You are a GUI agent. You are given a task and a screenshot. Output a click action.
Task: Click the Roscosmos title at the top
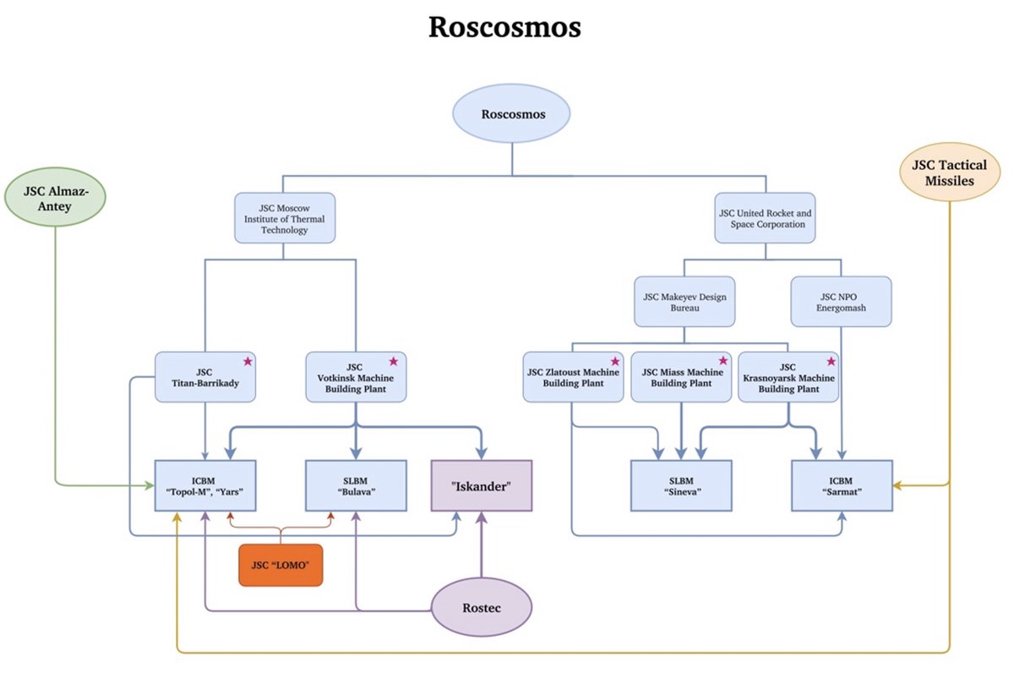pyautogui.click(x=504, y=26)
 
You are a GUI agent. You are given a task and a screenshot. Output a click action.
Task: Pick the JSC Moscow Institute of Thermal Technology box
pyautogui.click(x=285, y=217)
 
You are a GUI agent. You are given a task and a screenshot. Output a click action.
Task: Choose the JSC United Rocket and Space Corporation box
pyautogui.click(x=766, y=218)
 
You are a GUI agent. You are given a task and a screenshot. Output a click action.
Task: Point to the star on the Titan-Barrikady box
pyautogui.click(x=248, y=362)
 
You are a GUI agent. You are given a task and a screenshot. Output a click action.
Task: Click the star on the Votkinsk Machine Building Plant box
pyautogui.click(x=393, y=362)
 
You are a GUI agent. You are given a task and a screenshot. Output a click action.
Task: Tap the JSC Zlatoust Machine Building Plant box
pyautogui.click(x=573, y=377)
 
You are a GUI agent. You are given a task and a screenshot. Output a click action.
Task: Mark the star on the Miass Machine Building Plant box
pyautogui.click(x=722, y=362)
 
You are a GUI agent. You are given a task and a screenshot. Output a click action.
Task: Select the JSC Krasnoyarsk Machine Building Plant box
pyautogui.click(x=788, y=378)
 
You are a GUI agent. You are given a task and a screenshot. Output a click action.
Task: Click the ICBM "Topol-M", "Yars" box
pyautogui.click(x=206, y=485)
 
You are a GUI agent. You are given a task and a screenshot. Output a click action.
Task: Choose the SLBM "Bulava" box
pyautogui.click(x=356, y=485)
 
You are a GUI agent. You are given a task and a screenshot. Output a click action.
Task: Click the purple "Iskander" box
pyautogui.click(x=482, y=485)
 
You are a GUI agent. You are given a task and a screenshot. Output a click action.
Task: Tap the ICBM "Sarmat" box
pyautogui.click(x=842, y=485)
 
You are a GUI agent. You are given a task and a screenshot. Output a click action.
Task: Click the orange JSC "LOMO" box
pyautogui.click(x=281, y=565)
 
